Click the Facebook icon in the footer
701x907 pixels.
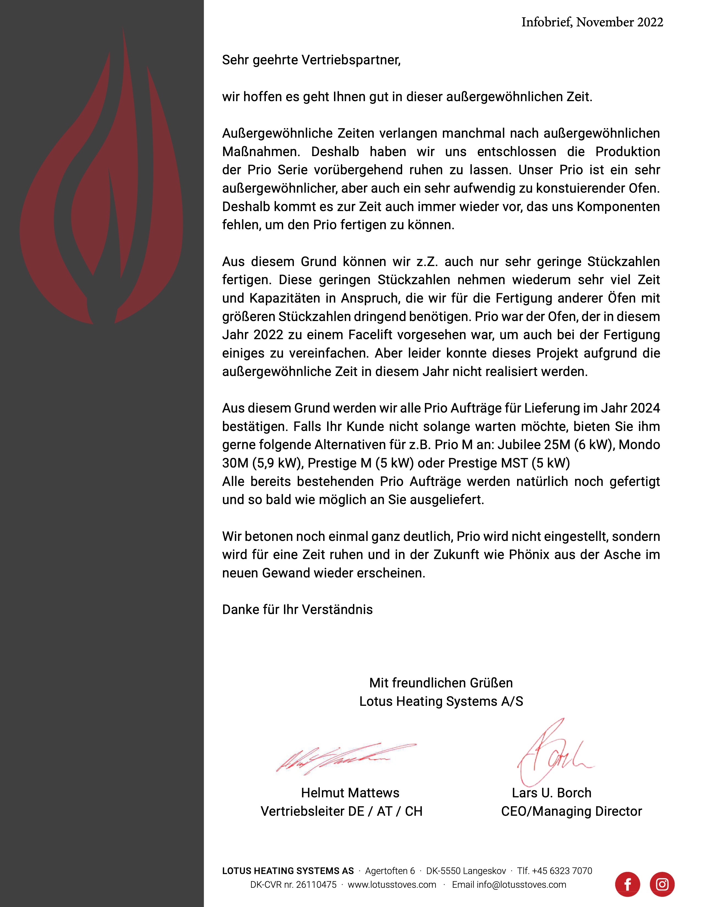click(x=628, y=884)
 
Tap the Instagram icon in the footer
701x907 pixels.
click(x=662, y=884)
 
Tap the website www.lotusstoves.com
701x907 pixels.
click(x=392, y=884)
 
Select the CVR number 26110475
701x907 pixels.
click(x=316, y=884)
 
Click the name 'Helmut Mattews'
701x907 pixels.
click(x=350, y=793)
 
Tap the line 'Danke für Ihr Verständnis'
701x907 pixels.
click(x=297, y=610)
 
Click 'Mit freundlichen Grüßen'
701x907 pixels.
click(x=441, y=683)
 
